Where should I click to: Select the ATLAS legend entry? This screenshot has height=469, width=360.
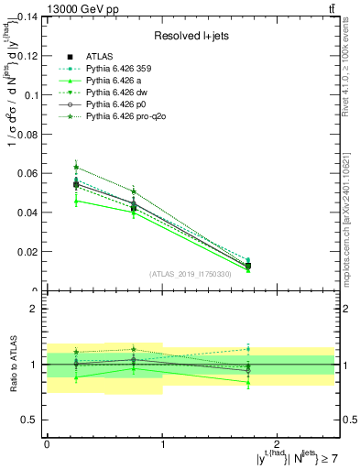pyautogui.click(x=100, y=56)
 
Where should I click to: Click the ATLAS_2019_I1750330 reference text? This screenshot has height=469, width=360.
pyautogui.click(x=190, y=275)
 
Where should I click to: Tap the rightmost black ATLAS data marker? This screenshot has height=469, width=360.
pyautogui.click(x=248, y=266)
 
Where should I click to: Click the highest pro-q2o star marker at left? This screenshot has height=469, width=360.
pyautogui.click(x=76, y=168)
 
